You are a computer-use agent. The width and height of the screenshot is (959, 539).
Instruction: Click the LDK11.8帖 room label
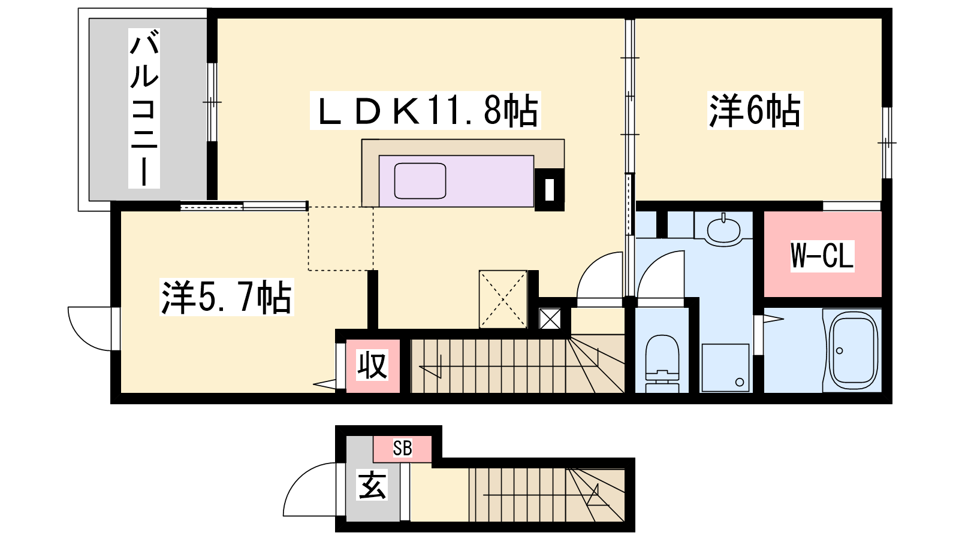(x=425, y=110)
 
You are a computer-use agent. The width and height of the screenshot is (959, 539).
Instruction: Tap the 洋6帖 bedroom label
(x=755, y=110)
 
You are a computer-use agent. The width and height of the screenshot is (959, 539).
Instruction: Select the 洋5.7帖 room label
(x=227, y=297)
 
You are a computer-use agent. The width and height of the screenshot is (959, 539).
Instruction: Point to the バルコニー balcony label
(x=144, y=108)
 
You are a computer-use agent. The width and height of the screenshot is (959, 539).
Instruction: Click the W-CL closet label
(x=822, y=256)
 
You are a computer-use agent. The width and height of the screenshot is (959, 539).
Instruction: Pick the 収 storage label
(x=372, y=365)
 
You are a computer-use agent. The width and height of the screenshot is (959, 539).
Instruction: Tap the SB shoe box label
(x=402, y=449)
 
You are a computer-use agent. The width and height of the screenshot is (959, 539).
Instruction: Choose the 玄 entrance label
(x=372, y=485)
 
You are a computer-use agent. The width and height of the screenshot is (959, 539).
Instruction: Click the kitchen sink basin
(x=420, y=181)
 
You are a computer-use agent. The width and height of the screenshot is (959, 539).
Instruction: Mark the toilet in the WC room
(x=662, y=363)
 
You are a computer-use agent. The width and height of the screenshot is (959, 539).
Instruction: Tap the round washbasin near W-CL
(x=723, y=230)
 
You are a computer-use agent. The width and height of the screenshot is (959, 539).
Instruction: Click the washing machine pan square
(x=725, y=368)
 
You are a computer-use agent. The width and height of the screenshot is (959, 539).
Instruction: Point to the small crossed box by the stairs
(x=550, y=319)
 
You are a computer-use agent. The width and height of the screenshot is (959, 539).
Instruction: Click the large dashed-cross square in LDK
(x=503, y=299)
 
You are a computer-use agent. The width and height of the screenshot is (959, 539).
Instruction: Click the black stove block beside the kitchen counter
(x=549, y=189)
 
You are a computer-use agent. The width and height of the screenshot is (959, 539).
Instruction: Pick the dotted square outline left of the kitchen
(x=341, y=239)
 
